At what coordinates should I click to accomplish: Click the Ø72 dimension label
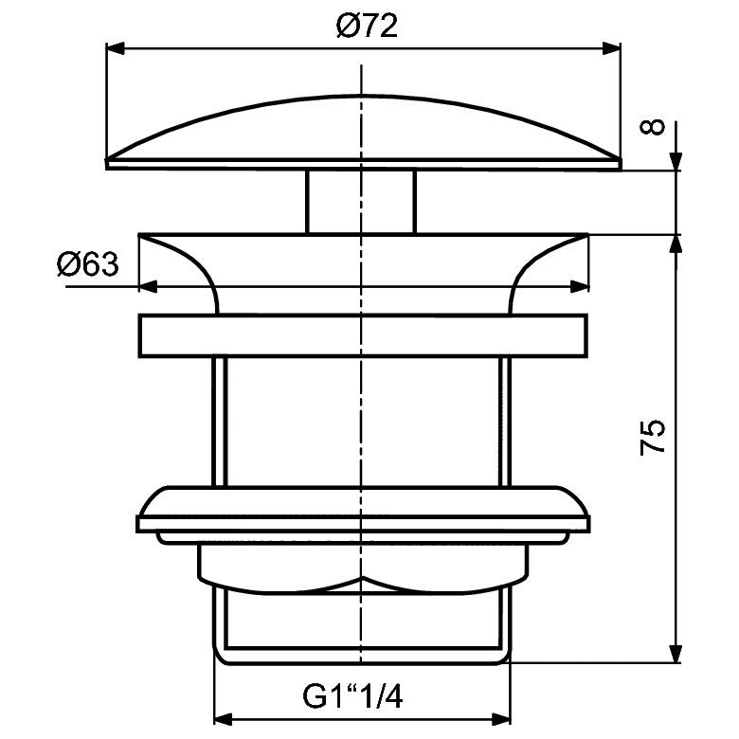[367, 26]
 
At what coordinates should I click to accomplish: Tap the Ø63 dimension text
[88, 264]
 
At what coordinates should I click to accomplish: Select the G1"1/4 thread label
[352, 696]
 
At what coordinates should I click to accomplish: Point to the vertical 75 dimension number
[653, 437]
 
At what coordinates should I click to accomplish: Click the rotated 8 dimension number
[653, 127]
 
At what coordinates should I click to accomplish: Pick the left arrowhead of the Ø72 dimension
[116, 48]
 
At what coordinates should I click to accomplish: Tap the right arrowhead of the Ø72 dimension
[611, 48]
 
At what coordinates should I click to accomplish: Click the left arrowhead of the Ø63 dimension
[148, 286]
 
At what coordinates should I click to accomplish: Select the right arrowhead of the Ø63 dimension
[580, 286]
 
